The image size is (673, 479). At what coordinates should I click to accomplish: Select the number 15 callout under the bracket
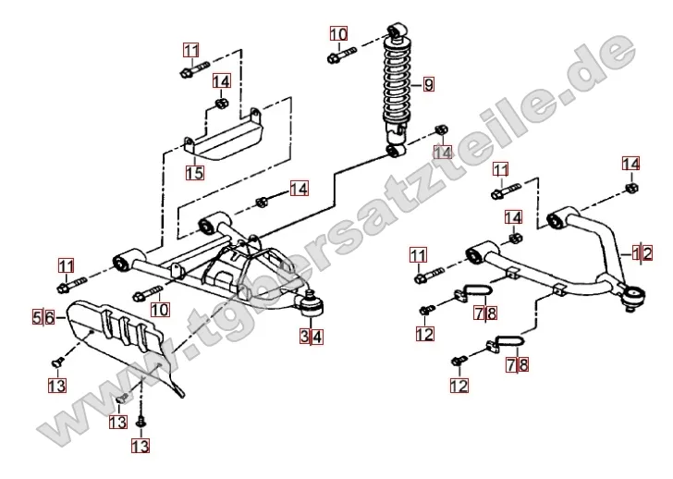coord(194,171)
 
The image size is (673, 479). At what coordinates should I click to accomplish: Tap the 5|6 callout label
coord(44,316)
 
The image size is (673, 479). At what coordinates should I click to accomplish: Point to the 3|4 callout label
coord(311,336)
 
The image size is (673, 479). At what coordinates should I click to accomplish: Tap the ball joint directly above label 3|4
coord(311,302)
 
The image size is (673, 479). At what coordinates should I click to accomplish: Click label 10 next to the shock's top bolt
coord(339,36)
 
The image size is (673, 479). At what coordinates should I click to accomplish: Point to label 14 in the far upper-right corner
coord(630,164)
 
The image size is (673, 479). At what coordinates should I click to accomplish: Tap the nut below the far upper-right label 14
coord(630,189)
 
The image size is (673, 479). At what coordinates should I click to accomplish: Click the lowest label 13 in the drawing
coord(140,447)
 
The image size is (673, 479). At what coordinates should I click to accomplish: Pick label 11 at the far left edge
coord(67,265)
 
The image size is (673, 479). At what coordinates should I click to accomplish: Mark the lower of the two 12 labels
coord(458,383)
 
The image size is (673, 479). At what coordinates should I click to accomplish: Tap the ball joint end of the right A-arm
coord(632,295)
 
